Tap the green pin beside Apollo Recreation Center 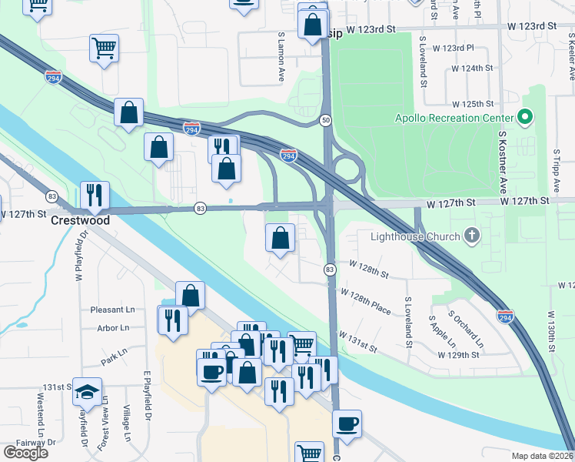526,118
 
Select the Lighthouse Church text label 414,236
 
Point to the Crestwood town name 80,220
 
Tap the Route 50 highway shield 326,121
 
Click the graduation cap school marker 87,393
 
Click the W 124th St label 472,68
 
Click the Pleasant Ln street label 112,310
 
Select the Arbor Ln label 114,327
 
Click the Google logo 25,453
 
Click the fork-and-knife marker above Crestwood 95,196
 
